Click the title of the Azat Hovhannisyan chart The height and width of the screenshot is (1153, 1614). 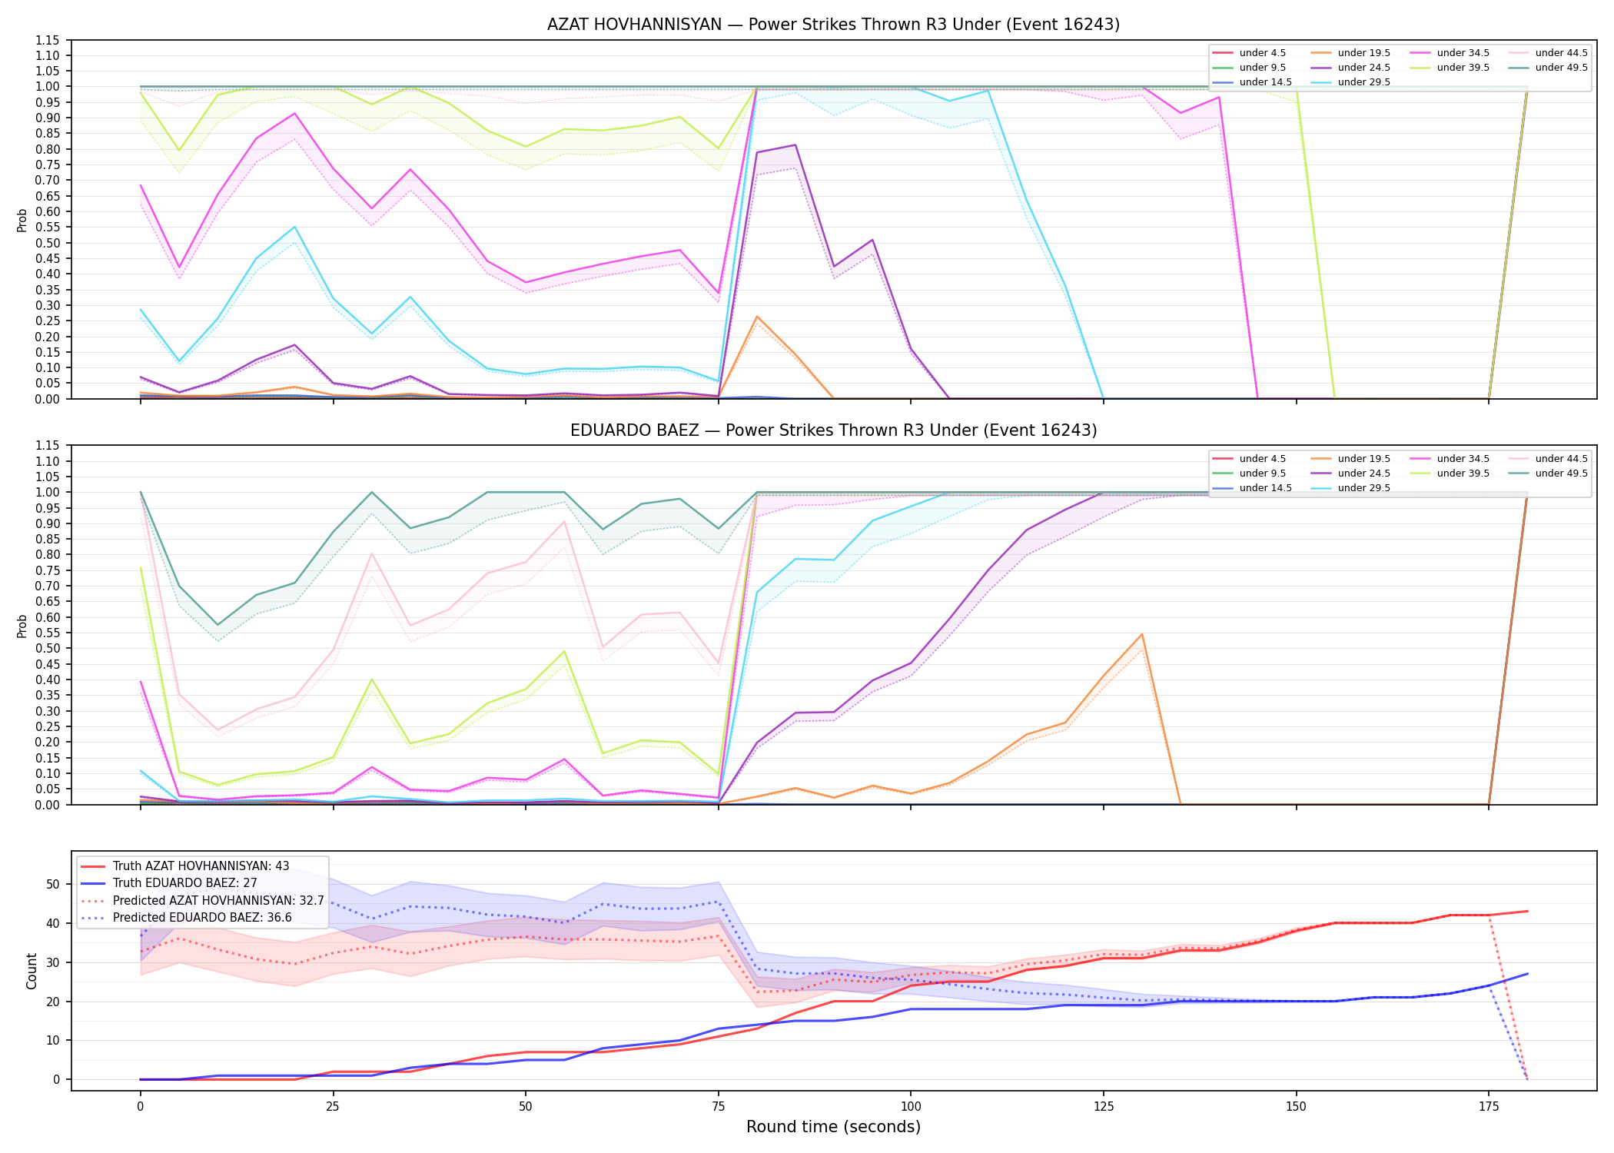point(833,25)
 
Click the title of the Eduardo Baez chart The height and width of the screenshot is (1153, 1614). point(833,430)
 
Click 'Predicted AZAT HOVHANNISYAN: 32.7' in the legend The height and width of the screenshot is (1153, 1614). point(203,900)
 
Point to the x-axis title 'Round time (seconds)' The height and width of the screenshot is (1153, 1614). point(833,1127)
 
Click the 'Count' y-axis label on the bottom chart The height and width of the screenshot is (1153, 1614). point(32,971)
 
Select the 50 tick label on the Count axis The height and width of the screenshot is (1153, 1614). point(53,884)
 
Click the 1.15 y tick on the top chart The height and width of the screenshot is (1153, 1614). point(47,40)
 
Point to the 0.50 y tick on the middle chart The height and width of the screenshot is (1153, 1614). point(47,649)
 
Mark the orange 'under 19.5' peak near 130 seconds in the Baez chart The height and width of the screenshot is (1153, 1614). point(1142,634)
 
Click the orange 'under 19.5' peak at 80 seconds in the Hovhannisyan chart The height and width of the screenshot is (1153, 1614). point(757,317)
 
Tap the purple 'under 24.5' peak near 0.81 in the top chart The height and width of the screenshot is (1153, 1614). point(795,145)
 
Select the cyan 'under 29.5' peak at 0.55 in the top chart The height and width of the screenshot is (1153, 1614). point(294,227)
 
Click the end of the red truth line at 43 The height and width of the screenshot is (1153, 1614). point(1527,911)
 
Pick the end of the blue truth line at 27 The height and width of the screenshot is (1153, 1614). point(1527,974)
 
